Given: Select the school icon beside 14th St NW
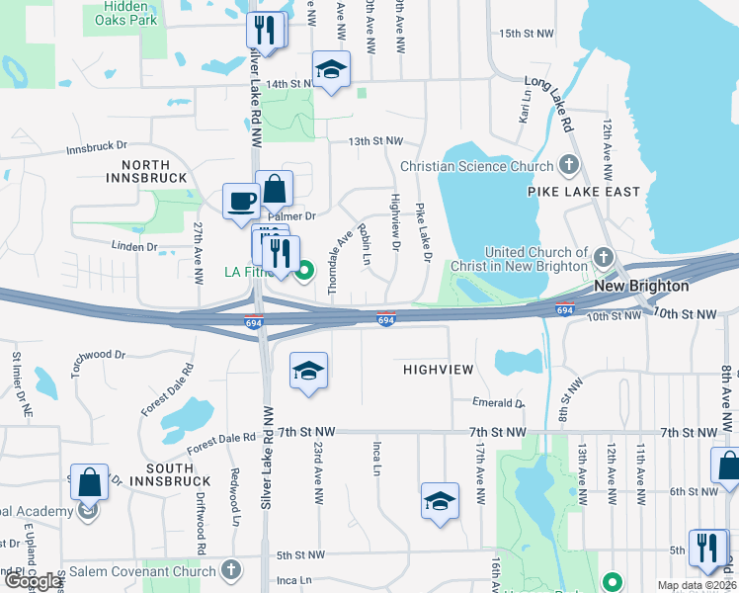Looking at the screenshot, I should point(331,70).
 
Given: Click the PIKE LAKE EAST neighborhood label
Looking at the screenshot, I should point(583,192).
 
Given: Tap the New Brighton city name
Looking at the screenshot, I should point(641,286).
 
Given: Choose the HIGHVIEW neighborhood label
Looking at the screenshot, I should point(439,369).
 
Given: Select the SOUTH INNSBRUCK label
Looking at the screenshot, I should point(155,474).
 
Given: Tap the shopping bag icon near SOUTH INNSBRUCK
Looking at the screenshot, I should point(89,484).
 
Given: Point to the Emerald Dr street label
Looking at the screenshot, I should point(498,403).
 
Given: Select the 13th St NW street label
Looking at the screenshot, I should point(375,142).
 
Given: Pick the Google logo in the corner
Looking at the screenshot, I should point(33,581).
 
